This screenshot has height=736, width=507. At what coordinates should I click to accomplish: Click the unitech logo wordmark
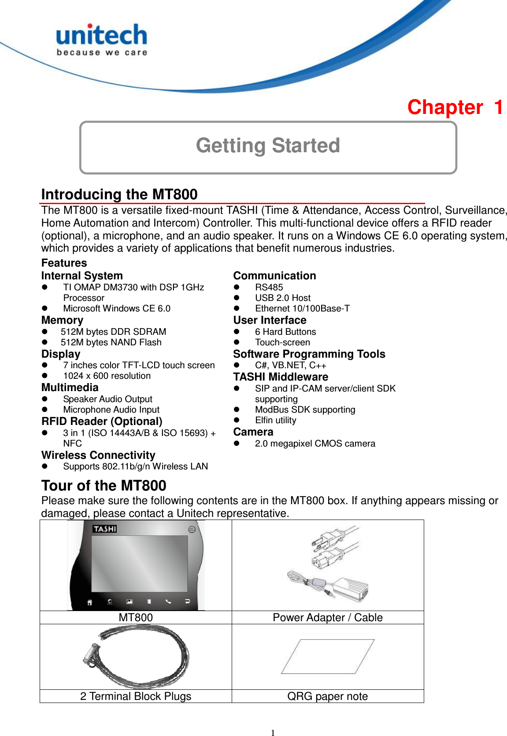102,36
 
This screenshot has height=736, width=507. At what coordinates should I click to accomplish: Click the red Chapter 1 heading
455,107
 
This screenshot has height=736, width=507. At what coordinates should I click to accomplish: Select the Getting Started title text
268,146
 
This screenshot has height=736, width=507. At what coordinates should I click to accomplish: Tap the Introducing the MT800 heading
119,194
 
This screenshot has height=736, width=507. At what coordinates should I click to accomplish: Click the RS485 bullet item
269,287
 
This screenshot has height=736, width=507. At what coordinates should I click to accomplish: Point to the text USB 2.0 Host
282,298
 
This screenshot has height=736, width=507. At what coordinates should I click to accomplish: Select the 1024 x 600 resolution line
107,376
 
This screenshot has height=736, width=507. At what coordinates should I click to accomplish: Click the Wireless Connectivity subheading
98,455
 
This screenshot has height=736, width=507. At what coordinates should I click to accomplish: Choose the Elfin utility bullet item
275,420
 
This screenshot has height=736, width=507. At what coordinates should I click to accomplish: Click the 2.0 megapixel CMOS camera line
315,443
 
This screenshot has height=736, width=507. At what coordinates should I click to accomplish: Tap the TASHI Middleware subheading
281,377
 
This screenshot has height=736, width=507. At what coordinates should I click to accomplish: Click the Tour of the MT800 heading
104,486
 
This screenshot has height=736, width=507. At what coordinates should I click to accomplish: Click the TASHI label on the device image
105,529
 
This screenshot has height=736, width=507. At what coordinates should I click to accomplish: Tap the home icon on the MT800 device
90,602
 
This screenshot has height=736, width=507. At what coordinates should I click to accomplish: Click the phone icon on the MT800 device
168,601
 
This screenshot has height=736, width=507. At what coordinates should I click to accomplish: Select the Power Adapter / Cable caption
327,618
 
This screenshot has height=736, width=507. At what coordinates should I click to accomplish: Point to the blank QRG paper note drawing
328,656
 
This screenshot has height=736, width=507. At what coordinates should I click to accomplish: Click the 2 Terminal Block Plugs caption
136,696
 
